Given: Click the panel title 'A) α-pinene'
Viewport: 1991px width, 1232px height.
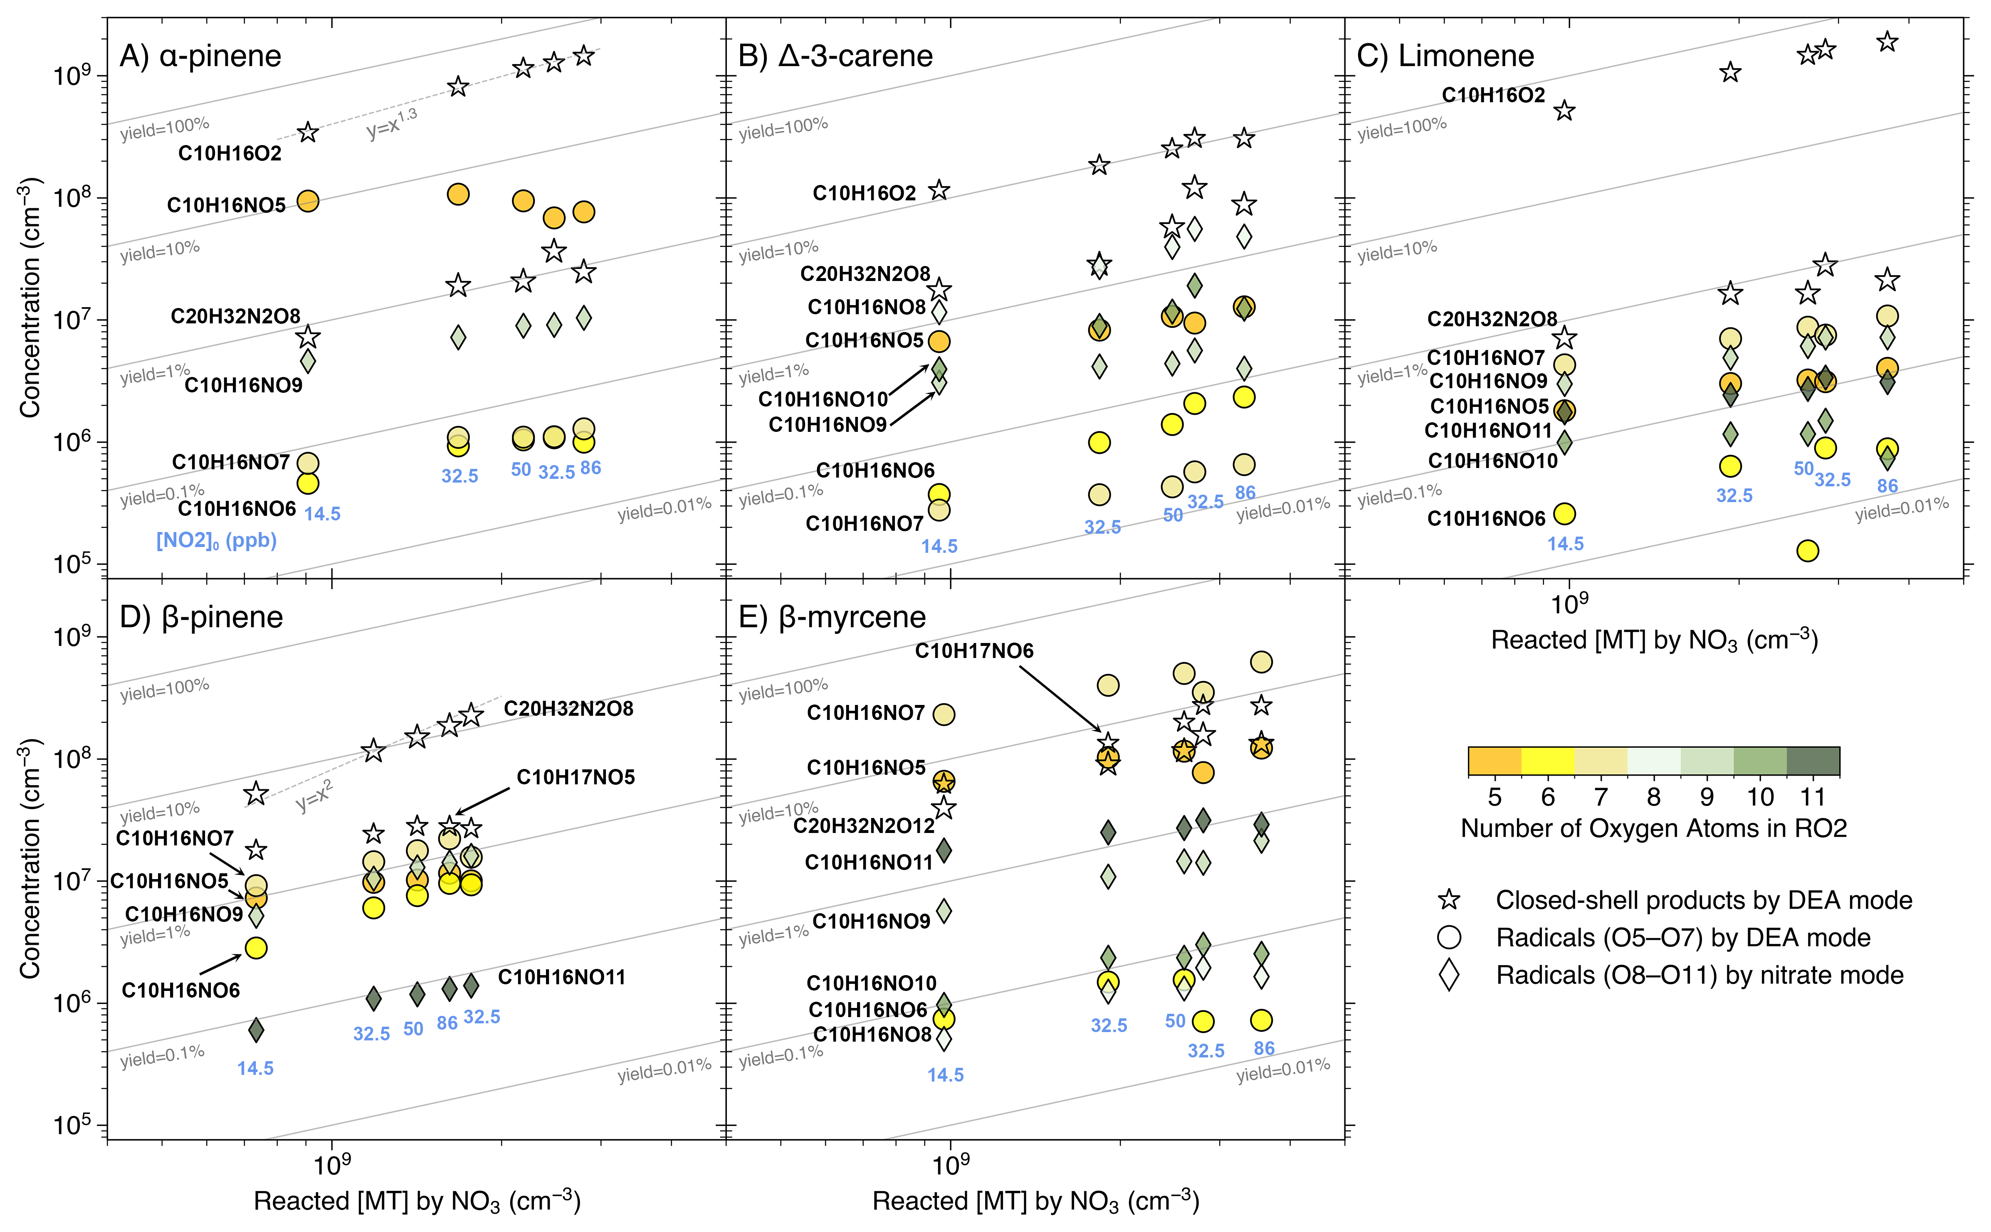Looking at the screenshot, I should [x=200, y=56].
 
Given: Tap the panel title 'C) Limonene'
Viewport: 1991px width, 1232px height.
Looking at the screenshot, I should [x=1445, y=56].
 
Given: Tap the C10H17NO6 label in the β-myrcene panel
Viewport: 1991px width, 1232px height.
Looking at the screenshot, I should [x=974, y=651].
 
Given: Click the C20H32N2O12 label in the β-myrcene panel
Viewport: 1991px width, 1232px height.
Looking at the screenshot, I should [x=864, y=826].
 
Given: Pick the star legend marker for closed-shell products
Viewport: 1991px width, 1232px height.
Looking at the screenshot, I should [x=1449, y=900].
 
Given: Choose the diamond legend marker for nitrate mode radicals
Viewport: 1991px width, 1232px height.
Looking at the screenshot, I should [x=1449, y=975].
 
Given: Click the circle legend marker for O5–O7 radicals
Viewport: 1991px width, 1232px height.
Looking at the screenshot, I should [x=1449, y=938].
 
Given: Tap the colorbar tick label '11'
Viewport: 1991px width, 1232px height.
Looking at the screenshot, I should [x=1813, y=797].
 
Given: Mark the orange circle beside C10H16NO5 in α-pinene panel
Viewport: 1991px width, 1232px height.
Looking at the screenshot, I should [x=307, y=201].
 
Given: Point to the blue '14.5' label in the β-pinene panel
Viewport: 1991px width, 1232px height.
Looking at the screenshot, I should [x=255, y=1068].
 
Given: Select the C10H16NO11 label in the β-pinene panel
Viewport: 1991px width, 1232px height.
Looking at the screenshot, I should [x=561, y=977].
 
